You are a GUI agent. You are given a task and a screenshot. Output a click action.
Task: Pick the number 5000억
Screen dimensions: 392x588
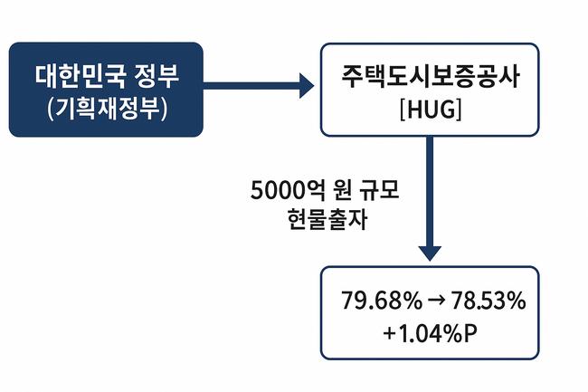click(287, 192)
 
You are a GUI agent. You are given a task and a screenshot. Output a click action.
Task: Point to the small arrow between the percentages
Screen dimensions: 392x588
click(431, 301)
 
